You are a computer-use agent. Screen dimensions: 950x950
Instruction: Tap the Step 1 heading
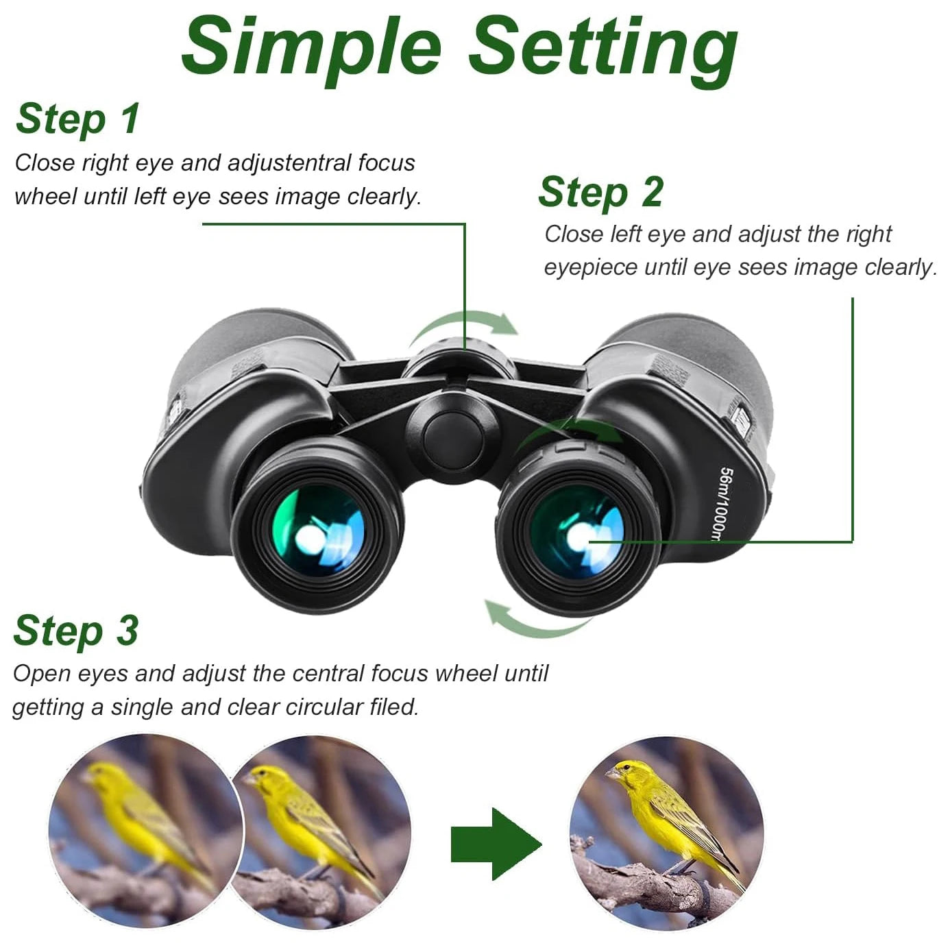click(x=77, y=119)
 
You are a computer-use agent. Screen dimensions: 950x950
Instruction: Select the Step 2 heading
click(x=600, y=192)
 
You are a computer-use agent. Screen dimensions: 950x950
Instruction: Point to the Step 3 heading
click(x=75, y=631)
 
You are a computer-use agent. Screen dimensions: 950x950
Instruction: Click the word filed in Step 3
click(x=393, y=707)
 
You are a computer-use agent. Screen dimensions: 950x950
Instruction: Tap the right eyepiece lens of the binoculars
click(x=578, y=532)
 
